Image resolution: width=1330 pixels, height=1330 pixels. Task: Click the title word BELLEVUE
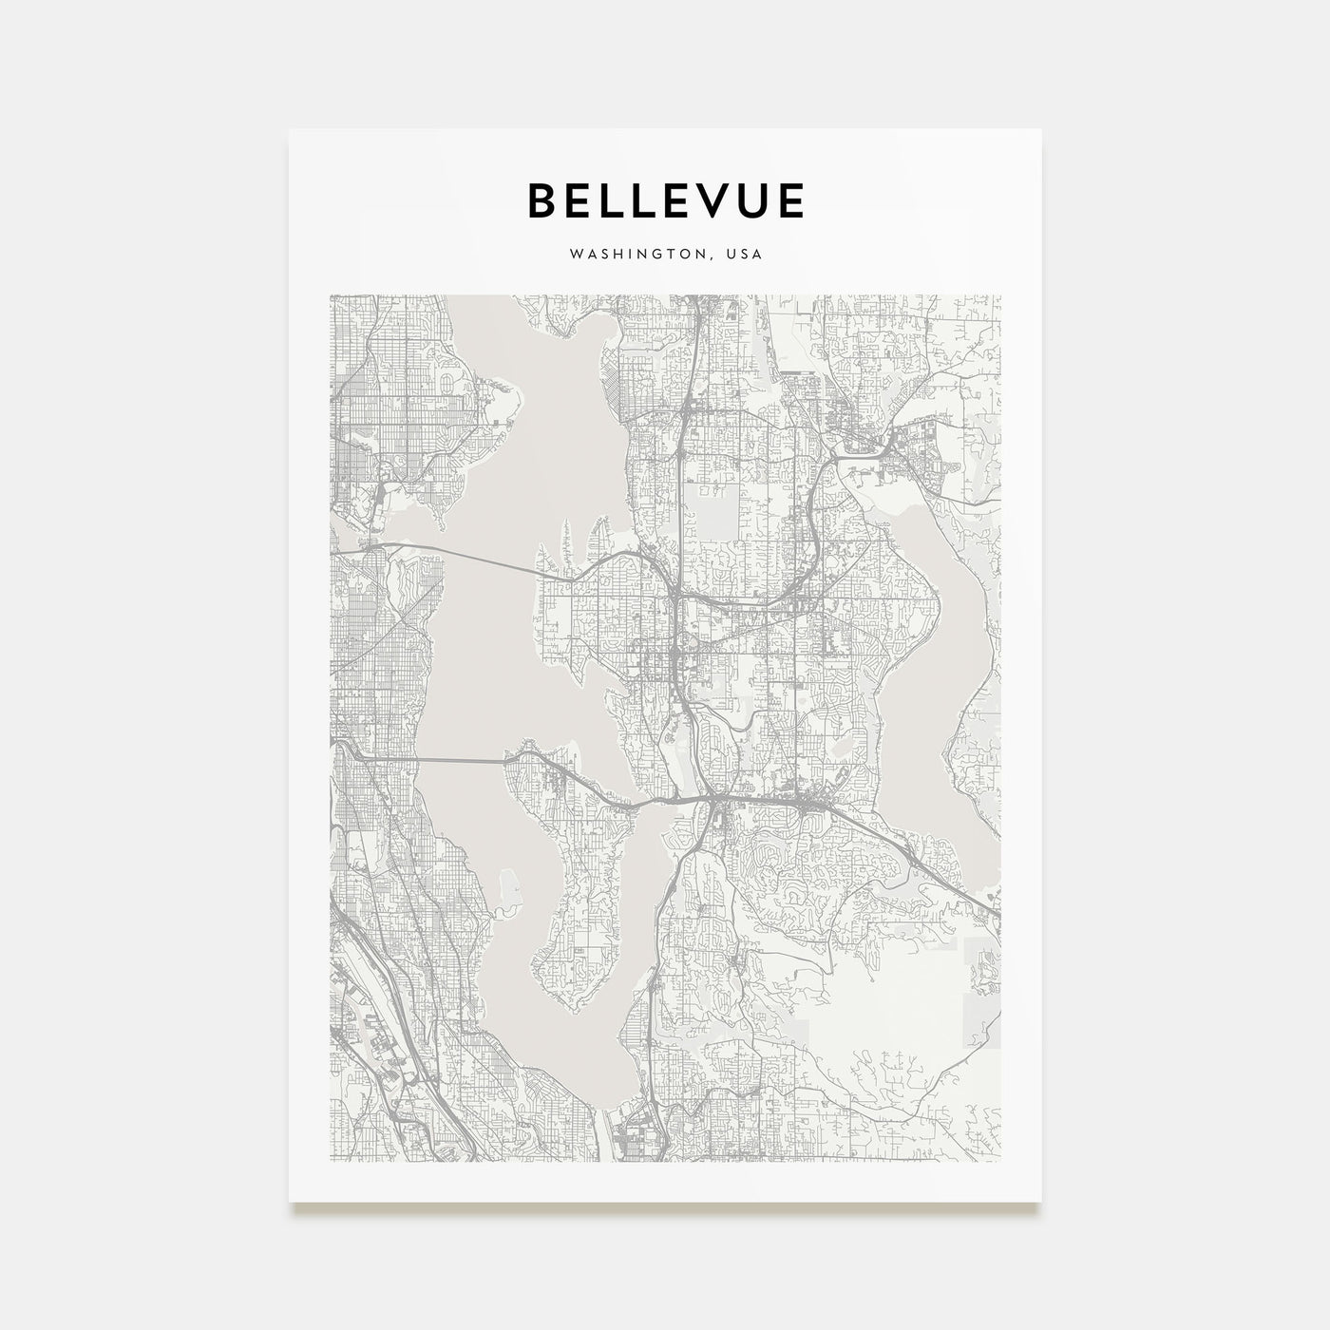click(x=665, y=200)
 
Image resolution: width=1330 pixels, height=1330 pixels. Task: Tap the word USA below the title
click(x=743, y=255)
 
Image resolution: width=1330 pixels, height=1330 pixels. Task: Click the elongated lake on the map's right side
click(x=959, y=665)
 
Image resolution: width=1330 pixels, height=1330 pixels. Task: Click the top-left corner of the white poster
click(x=290, y=130)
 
